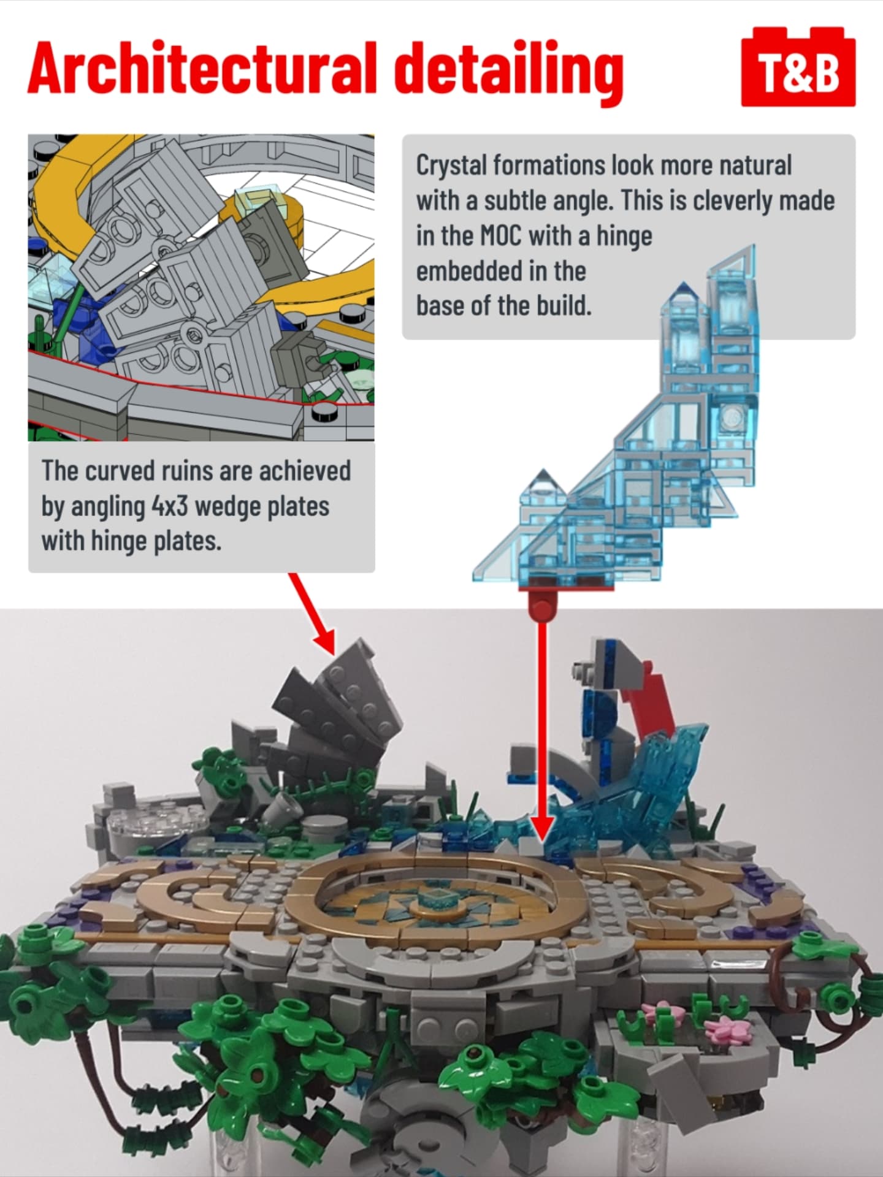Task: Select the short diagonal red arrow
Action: coord(312,613)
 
